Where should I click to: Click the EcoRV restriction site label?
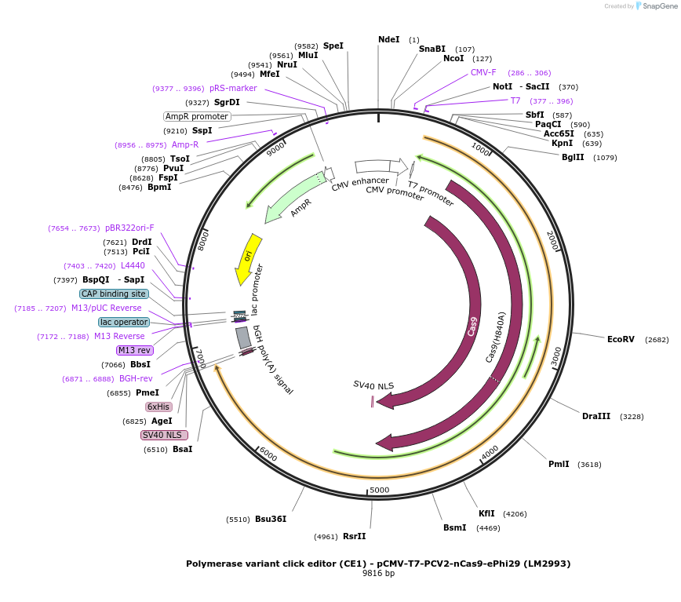click(x=621, y=339)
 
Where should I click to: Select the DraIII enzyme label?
click(x=595, y=416)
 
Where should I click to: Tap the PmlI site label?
click(x=559, y=464)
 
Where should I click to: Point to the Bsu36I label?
click(x=271, y=519)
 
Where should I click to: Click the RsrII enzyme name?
click(x=354, y=536)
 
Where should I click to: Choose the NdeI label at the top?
click(x=388, y=39)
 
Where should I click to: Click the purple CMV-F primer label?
click(x=483, y=72)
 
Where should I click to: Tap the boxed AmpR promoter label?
click(x=197, y=116)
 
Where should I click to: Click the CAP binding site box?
click(x=114, y=294)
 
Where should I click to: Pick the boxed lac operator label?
click(x=124, y=322)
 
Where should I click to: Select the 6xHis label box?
click(x=158, y=407)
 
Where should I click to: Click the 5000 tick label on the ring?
click(x=379, y=490)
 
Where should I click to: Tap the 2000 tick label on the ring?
click(x=552, y=241)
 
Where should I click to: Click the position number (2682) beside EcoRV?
click(x=657, y=340)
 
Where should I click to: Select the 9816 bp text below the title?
click(x=378, y=574)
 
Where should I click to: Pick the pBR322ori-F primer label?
click(x=129, y=228)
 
